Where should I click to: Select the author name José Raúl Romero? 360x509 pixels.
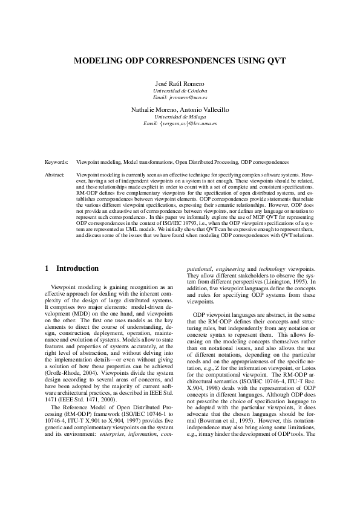click(180, 83)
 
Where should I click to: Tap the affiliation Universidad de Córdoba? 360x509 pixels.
click(180, 90)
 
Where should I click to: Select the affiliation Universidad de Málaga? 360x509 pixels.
click(180, 116)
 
